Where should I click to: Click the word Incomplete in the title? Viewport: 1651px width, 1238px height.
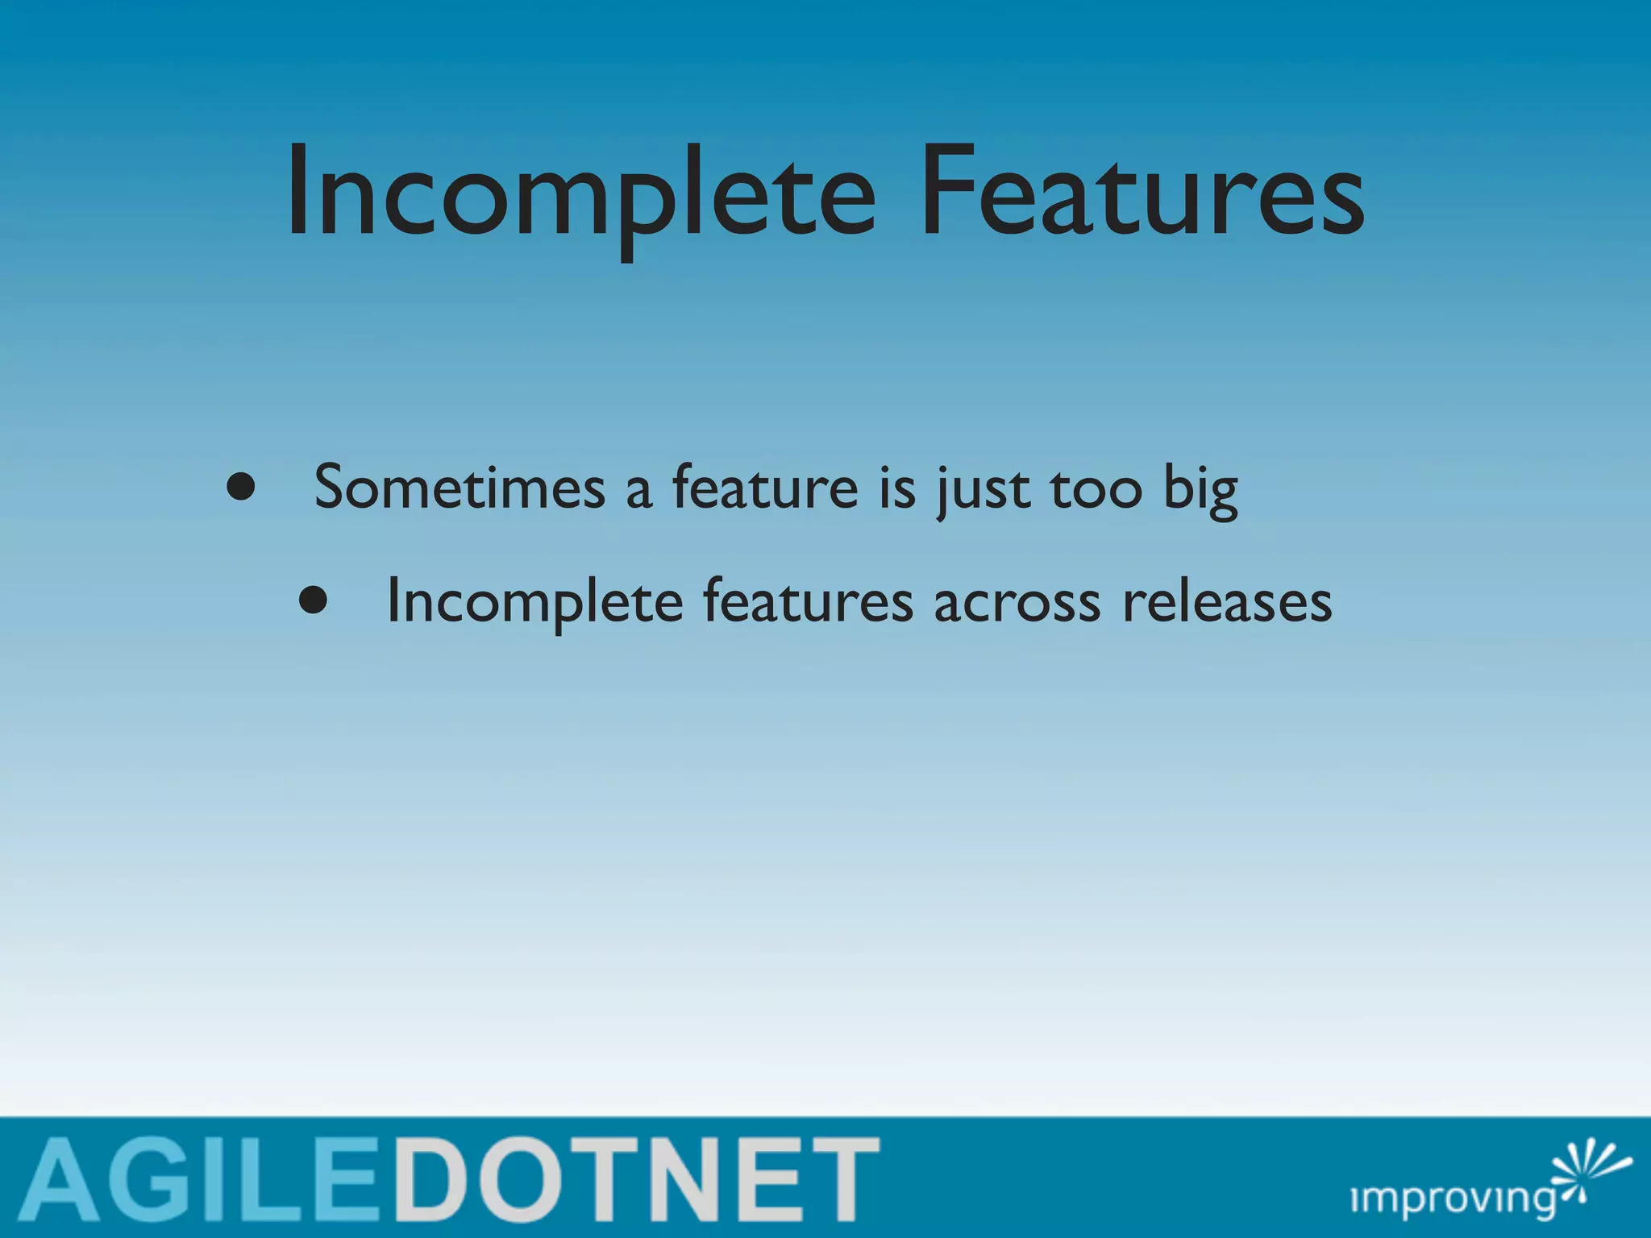(x=580, y=193)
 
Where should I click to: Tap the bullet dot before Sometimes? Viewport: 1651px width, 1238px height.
(x=240, y=487)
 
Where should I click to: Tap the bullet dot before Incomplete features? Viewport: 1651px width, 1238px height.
(x=313, y=600)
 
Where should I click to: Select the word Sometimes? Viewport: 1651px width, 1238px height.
(x=460, y=488)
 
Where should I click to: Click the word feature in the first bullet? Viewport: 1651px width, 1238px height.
(x=765, y=488)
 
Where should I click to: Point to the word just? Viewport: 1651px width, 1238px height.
(x=984, y=490)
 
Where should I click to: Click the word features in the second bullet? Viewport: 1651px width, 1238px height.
(x=808, y=602)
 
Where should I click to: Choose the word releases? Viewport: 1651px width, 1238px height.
(x=1227, y=602)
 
